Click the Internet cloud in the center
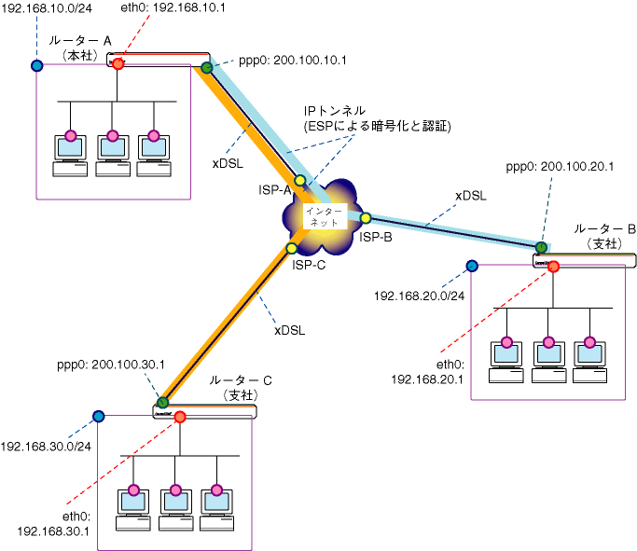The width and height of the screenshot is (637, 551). pos(322,218)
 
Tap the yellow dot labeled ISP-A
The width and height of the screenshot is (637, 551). pos(300,180)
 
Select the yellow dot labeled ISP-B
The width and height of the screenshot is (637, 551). pos(366,218)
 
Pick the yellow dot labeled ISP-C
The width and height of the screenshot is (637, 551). pos(292,248)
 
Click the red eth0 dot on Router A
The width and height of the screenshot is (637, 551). pos(118,63)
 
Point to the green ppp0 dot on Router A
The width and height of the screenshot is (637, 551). pos(206,67)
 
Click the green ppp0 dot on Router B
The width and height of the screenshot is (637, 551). pos(541,247)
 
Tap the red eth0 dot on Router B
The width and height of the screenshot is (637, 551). pos(554,267)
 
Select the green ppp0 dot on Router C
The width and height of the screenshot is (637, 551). pos(162,403)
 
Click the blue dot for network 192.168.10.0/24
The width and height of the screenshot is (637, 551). pos(36,66)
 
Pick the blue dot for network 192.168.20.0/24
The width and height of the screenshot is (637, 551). pos(472,266)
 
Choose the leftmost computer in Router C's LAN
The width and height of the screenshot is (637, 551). pos(134,508)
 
